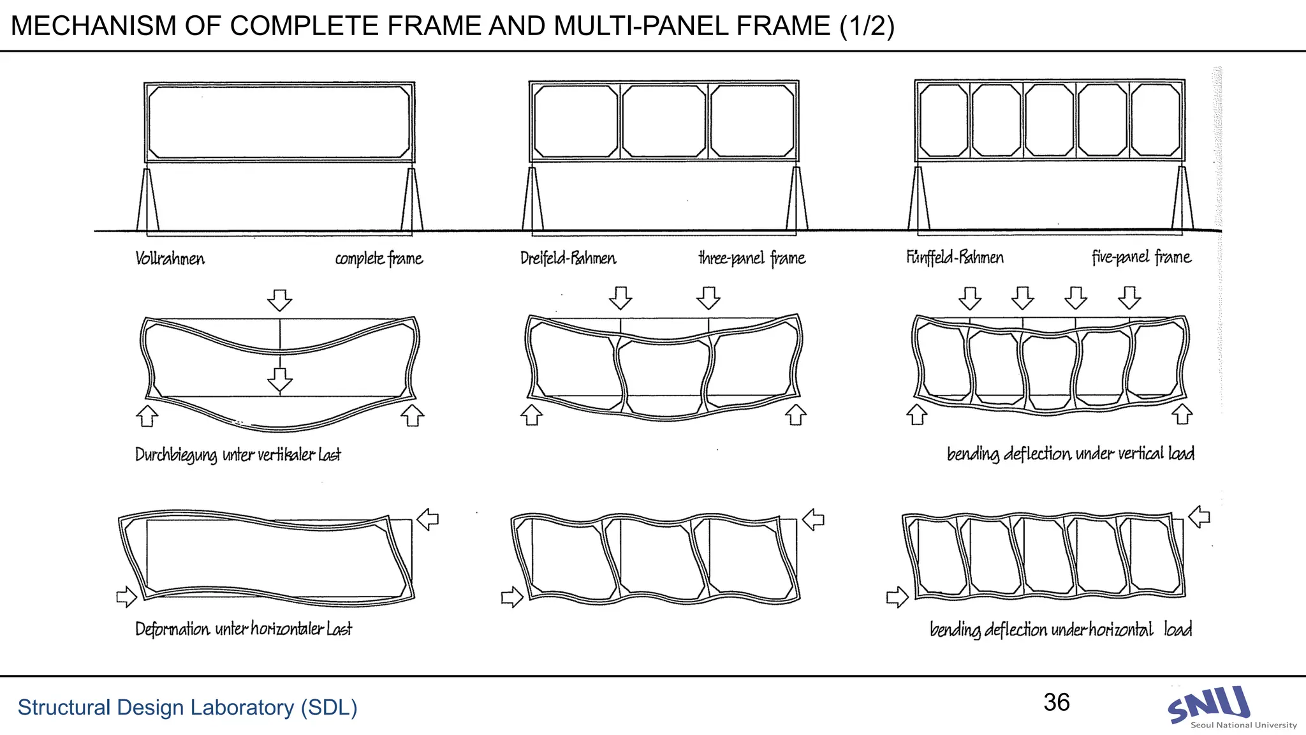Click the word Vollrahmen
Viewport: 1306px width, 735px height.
coord(170,258)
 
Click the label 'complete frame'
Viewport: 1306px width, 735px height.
coord(379,258)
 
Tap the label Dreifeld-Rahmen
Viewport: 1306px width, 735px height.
coord(568,258)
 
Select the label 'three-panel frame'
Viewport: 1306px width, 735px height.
coord(752,258)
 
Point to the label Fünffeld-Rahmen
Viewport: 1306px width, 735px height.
coord(955,257)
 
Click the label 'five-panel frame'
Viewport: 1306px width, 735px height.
coord(1141,257)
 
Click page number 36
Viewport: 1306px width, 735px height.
coord(1057,702)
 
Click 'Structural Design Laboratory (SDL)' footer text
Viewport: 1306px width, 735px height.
coord(187,708)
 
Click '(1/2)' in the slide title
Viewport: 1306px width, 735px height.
coord(867,26)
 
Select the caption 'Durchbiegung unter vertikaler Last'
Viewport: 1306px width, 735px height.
coord(238,455)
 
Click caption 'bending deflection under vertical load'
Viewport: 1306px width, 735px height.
coord(1070,454)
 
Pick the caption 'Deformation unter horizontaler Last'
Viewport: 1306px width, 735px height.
coord(243,629)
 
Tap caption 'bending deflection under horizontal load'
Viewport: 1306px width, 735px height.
coord(1060,630)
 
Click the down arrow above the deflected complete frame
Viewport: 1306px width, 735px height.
coord(279,299)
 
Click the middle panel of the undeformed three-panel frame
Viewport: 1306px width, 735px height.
coord(664,121)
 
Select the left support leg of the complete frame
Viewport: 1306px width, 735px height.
coord(147,201)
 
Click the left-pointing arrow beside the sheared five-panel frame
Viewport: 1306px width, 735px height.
coord(1200,516)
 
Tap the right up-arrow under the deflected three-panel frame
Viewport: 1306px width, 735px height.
coord(795,415)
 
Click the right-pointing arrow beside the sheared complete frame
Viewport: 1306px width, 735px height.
coord(126,597)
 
